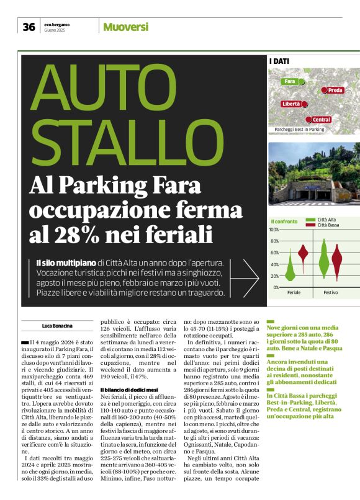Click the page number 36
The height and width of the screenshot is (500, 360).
[29, 27]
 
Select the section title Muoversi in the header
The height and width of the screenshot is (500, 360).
[125, 27]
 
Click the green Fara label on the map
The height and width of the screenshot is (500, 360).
[289, 81]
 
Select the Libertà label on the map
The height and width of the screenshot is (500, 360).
[291, 104]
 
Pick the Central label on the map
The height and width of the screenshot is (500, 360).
[321, 119]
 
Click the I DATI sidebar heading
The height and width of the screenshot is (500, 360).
[279, 61]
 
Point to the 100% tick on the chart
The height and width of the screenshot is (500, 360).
[274, 230]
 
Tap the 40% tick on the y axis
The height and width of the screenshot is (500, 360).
[275, 264]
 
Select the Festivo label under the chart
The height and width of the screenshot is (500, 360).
[330, 292]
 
